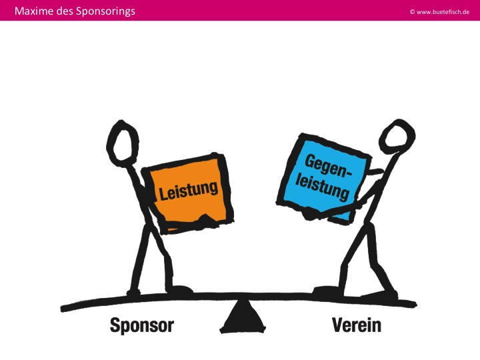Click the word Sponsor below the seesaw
point(142,325)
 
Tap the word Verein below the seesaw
point(357,325)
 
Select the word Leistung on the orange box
point(189,191)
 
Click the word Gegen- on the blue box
point(328,166)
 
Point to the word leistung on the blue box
point(322,186)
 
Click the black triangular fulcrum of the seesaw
point(243,316)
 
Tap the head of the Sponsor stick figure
point(122,143)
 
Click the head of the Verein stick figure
point(397,136)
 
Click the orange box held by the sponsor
point(188,193)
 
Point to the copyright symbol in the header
point(412,12)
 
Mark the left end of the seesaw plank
point(63,309)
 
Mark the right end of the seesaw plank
point(415,304)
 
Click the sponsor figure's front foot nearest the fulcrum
point(180,289)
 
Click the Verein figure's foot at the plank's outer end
point(379,295)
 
